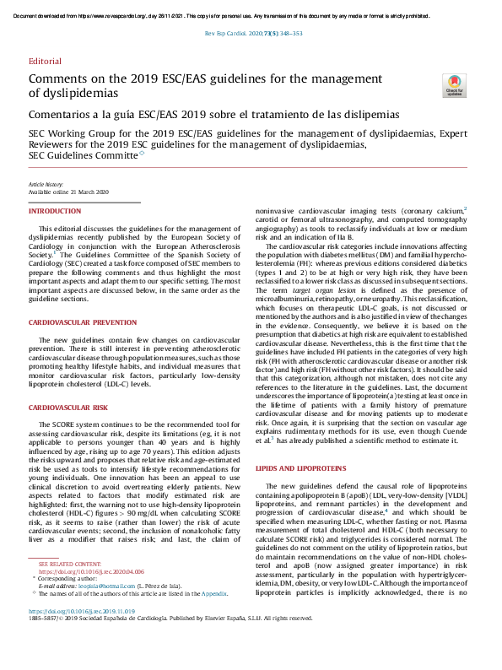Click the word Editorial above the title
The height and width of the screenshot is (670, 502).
coord(45,62)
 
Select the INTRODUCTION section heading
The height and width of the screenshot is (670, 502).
coord(56,211)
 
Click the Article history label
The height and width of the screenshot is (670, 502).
coord(46,184)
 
